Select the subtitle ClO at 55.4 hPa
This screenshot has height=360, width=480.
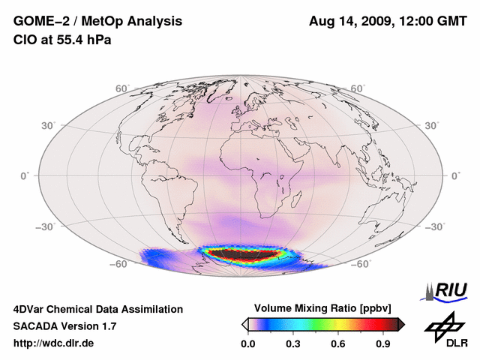pos(62,39)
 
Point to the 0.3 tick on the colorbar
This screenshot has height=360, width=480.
pos(292,344)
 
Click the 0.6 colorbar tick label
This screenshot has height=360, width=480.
pos(339,344)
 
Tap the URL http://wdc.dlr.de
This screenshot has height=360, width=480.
pos(54,344)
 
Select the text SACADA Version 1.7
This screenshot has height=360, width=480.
pos(64,326)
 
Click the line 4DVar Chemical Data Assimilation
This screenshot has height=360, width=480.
pos(97,309)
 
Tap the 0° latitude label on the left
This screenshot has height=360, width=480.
pos(25,175)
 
